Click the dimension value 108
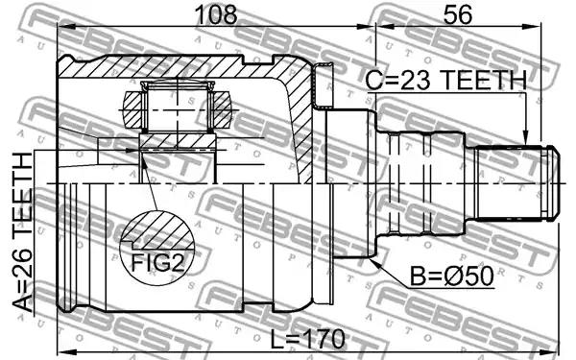point(216,14)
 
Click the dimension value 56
point(457,14)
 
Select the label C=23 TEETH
point(445,80)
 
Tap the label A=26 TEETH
point(23,232)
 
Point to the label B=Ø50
point(451,276)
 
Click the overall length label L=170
point(308,339)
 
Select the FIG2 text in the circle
point(157,262)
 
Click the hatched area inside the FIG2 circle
point(158,230)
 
